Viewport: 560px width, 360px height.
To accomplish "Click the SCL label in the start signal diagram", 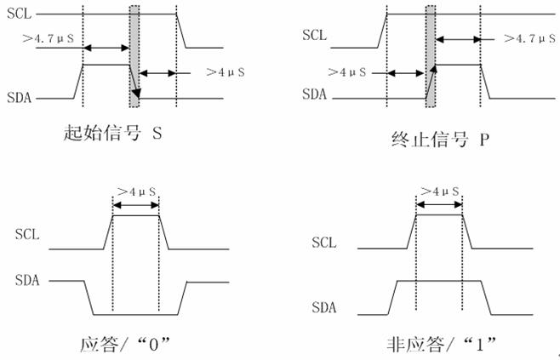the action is point(20,14).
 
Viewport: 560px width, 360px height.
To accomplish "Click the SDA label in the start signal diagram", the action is point(20,98).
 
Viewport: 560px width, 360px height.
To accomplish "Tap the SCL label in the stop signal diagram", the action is point(314,35).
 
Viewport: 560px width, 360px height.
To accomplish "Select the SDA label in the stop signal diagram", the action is point(314,94).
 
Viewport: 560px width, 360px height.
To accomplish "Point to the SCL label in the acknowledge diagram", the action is point(27,234).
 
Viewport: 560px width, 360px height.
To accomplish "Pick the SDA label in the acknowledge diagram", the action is point(27,280).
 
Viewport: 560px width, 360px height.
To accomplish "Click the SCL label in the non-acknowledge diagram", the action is point(324,243).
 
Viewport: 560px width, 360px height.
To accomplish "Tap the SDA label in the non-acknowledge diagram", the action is point(324,307).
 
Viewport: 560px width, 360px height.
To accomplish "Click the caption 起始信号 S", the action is point(113,133).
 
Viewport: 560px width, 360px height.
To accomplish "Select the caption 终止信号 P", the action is point(440,140).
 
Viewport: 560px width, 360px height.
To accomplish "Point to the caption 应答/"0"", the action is point(124,345).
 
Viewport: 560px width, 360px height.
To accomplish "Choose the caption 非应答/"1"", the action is point(442,345).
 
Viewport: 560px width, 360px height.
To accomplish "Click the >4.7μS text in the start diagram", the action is point(49,38).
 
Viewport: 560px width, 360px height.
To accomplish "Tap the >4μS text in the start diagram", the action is point(226,72).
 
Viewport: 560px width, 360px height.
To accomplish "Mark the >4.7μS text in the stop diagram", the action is point(529,38).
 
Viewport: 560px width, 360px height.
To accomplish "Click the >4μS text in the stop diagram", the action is point(347,72).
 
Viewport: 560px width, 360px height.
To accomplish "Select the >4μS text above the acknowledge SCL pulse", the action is point(137,192).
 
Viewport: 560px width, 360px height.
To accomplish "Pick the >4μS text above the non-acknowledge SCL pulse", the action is point(440,191).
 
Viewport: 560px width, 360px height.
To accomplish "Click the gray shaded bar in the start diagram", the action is point(134,56).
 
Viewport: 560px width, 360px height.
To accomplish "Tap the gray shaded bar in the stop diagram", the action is point(431,56).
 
